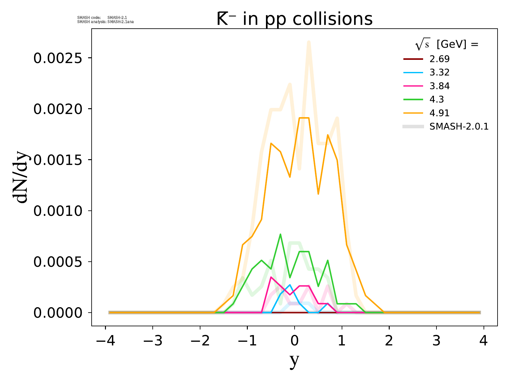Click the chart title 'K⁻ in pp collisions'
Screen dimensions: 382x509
(294, 19)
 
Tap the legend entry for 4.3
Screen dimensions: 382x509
(436, 100)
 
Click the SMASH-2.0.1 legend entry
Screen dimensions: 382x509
(459, 127)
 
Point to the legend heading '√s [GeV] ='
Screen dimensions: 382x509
(447, 45)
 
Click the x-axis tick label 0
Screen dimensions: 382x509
(295, 341)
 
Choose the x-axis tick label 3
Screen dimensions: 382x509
(436, 341)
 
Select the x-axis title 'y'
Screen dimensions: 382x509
(295, 360)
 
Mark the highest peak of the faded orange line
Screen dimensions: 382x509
(309, 42)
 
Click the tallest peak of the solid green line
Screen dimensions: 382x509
(280, 234)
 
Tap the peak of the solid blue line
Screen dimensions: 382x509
(289, 285)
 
